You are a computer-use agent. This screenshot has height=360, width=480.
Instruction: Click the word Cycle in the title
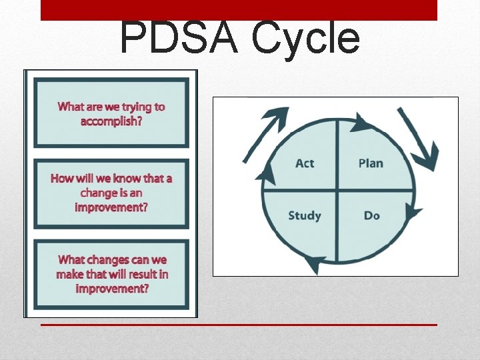coord(305,38)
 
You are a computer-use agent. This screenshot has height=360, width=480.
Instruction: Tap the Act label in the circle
coord(305,163)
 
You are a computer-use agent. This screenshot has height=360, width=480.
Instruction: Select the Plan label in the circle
coord(371,163)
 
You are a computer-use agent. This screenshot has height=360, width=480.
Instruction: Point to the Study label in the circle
coord(305,216)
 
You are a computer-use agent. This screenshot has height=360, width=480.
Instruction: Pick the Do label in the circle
coord(372,216)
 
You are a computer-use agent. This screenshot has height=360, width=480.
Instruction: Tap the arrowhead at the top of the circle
coord(361,123)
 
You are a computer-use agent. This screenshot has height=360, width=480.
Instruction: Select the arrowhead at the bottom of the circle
coord(313,263)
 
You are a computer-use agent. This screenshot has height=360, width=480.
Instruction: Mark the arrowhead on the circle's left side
coord(266,175)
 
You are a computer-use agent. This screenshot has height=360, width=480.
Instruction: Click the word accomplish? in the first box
coord(112,121)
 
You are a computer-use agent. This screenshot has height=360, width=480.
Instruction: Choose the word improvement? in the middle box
coord(111,207)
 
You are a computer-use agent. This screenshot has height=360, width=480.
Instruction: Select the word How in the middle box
coord(62,179)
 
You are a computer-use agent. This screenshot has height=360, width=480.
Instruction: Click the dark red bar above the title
coord(239,10)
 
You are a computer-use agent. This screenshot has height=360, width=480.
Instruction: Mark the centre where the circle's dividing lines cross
coord(337,190)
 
